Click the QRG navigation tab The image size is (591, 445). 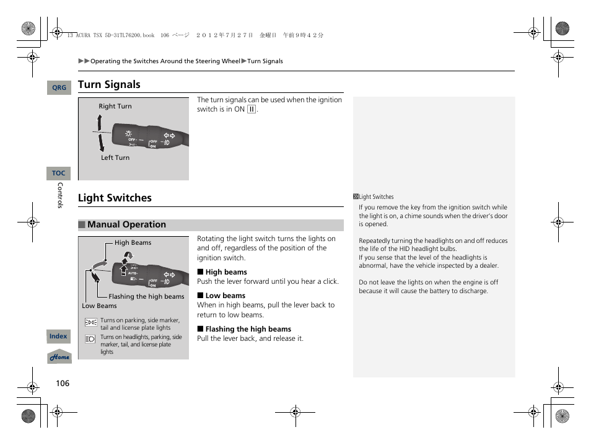[x=59, y=88]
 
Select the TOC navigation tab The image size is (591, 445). [x=59, y=174]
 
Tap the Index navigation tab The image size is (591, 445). [x=58, y=337]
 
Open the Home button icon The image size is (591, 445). [x=59, y=357]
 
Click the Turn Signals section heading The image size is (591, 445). [x=109, y=85]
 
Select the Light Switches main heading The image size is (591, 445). [x=115, y=198]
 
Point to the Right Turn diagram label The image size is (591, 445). [x=115, y=107]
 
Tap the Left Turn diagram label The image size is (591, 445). [x=115, y=158]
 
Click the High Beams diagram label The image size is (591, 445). [x=133, y=243]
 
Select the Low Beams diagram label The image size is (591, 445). [x=99, y=306]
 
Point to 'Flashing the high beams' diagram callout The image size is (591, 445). [x=146, y=297]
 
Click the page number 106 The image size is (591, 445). [x=63, y=383]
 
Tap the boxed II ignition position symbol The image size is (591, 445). [x=252, y=110]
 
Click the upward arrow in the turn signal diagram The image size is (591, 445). [x=98, y=123]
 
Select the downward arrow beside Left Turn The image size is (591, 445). [x=100, y=144]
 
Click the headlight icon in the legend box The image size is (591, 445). [x=90, y=339]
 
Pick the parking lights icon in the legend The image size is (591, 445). [x=90, y=322]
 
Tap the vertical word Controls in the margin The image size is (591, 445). [x=60, y=195]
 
